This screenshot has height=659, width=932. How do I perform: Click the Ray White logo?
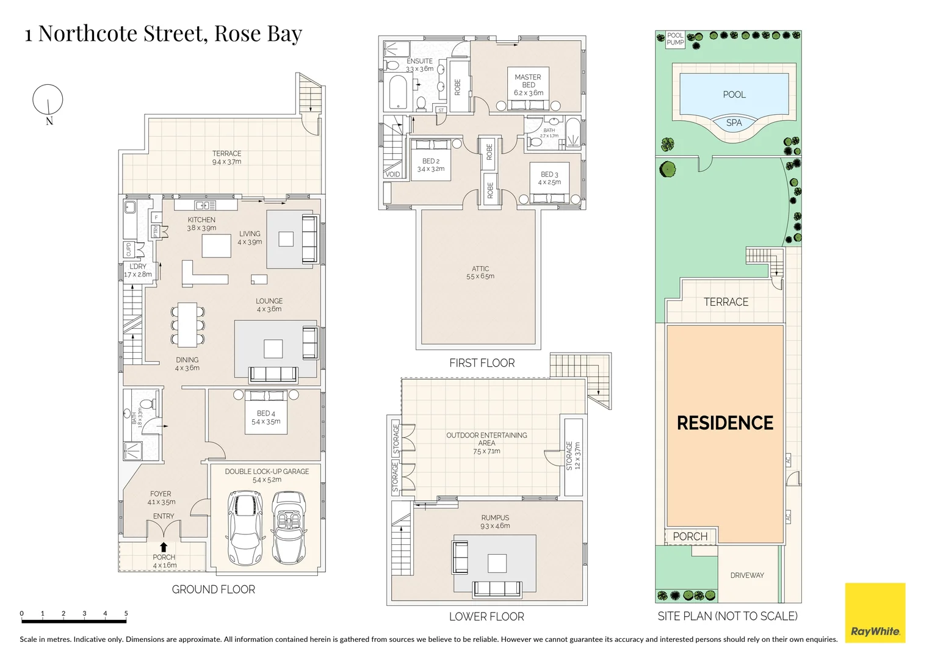875,613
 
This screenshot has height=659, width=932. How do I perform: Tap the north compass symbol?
48,99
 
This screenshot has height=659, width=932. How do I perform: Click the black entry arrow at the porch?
164,547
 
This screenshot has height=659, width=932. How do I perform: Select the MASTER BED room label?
528,81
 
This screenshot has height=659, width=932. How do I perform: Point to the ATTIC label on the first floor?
480,268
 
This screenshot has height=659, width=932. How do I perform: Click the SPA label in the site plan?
734,123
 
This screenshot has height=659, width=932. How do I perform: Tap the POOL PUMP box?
675,39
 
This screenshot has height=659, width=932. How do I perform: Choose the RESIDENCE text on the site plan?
725,423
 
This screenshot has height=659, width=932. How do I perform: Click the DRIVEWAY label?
747,575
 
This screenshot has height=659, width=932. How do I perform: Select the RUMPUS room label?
495,517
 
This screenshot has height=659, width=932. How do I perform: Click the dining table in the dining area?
187,324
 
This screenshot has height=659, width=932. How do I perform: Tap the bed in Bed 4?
266,412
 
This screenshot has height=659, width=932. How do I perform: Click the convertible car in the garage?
286,528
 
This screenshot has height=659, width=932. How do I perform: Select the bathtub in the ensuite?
397,92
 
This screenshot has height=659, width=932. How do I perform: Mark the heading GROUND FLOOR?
213,589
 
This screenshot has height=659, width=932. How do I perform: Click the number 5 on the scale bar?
126,614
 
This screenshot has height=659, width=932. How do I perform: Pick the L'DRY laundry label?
138,267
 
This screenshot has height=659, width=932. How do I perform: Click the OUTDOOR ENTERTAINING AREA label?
486,435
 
